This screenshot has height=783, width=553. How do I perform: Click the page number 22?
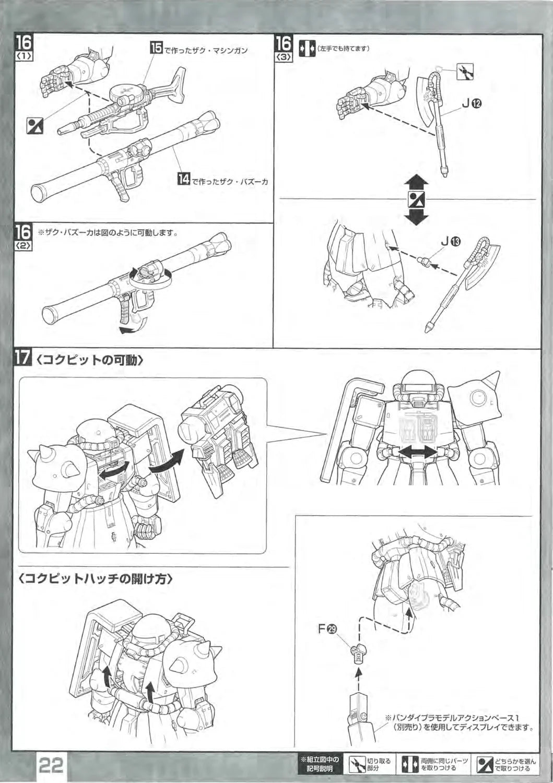(x=50, y=766)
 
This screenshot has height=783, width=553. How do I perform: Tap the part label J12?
(x=470, y=103)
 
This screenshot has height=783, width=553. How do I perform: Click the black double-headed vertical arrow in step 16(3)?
(x=416, y=200)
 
